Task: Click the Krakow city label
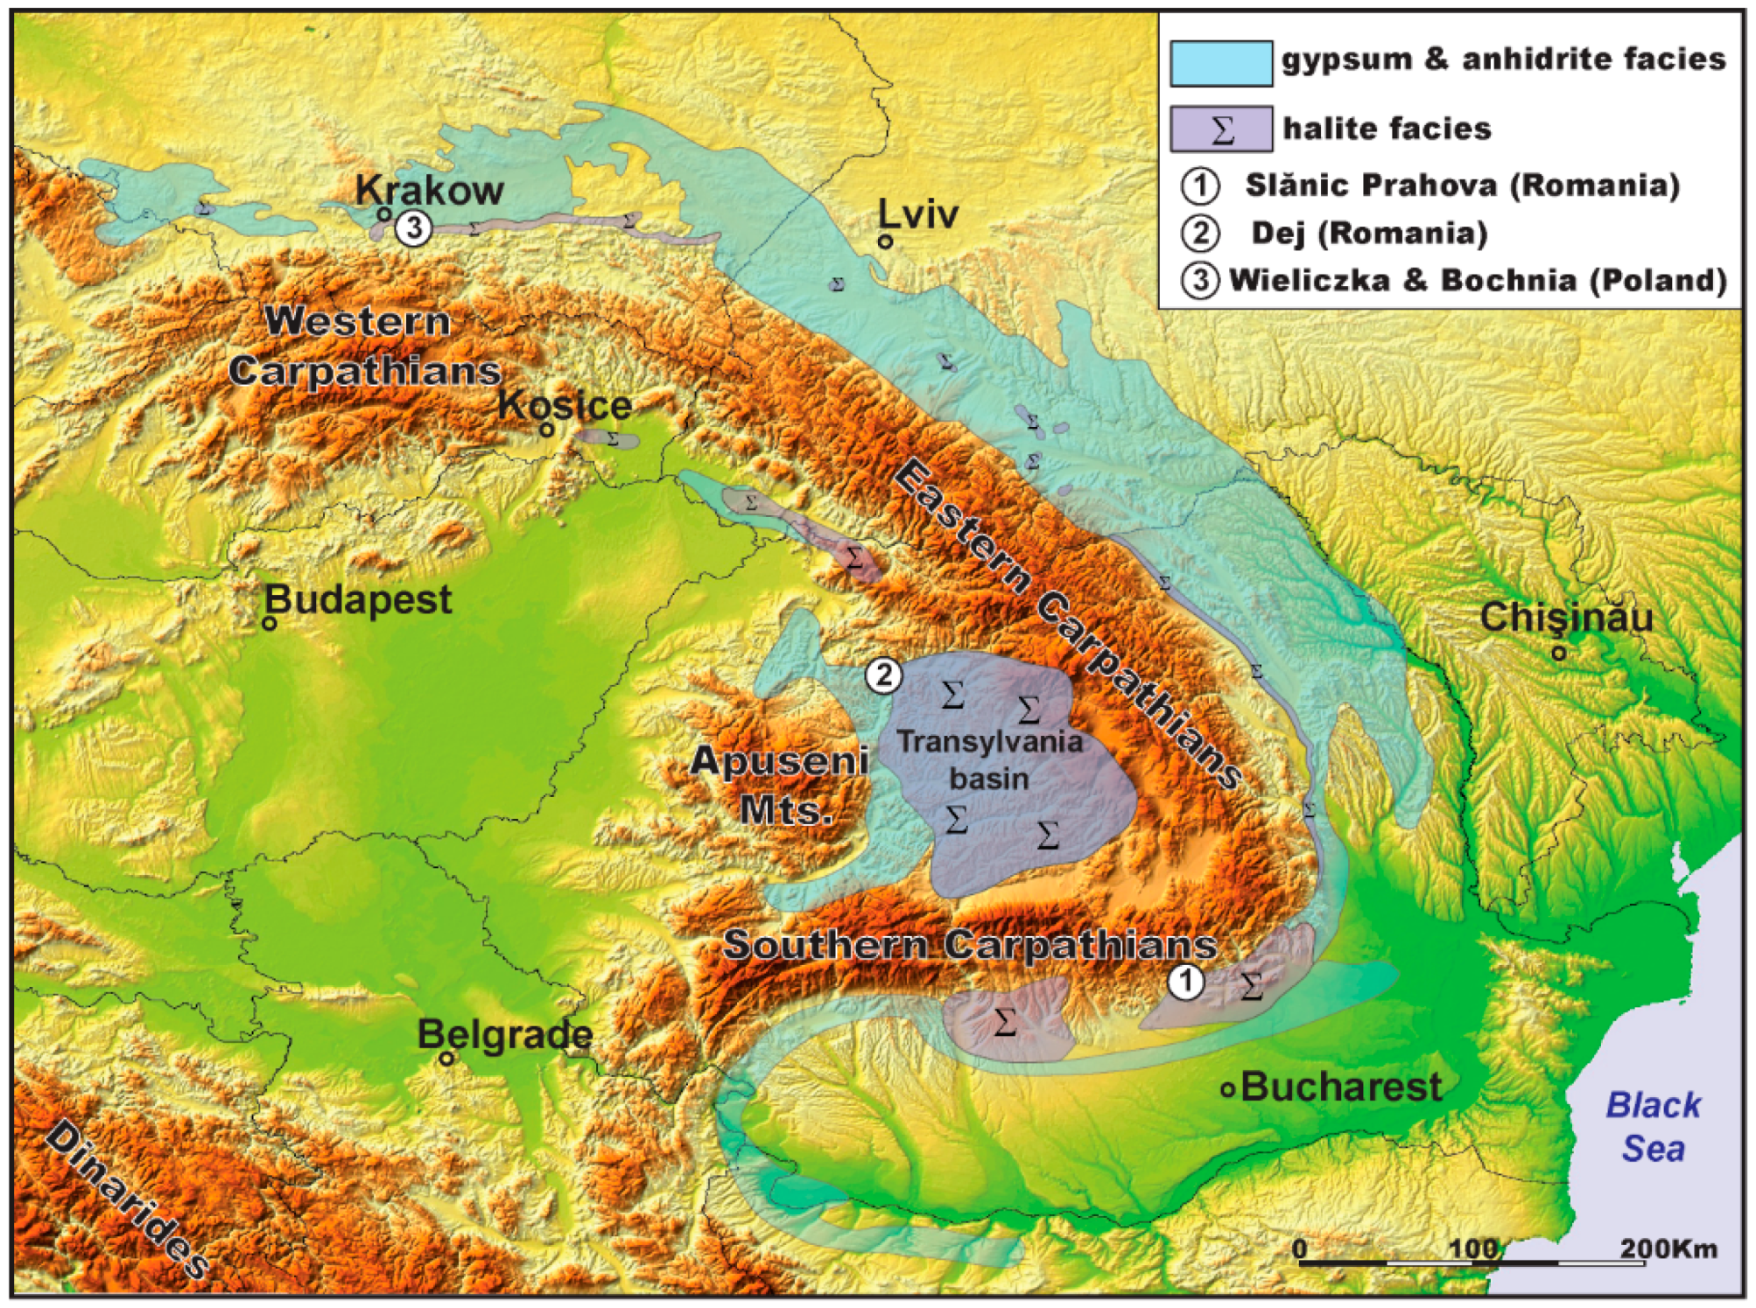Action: [430, 190]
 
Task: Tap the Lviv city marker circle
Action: [885, 241]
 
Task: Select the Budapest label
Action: [359, 600]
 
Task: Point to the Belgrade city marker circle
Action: [446, 1058]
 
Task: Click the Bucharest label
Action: [1341, 1087]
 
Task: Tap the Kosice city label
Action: [565, 405]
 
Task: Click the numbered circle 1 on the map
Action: [1186, 981]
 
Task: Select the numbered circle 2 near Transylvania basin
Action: [883, 675]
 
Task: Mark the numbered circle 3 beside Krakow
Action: [413, 228]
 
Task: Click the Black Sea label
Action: [1653, 1127]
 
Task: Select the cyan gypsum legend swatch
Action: [1221, 63]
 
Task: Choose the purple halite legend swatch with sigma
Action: [1221, 129]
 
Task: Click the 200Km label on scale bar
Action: [1668, 1249]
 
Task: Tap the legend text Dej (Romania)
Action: [1369, 233]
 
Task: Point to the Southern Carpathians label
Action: [970, 945]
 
